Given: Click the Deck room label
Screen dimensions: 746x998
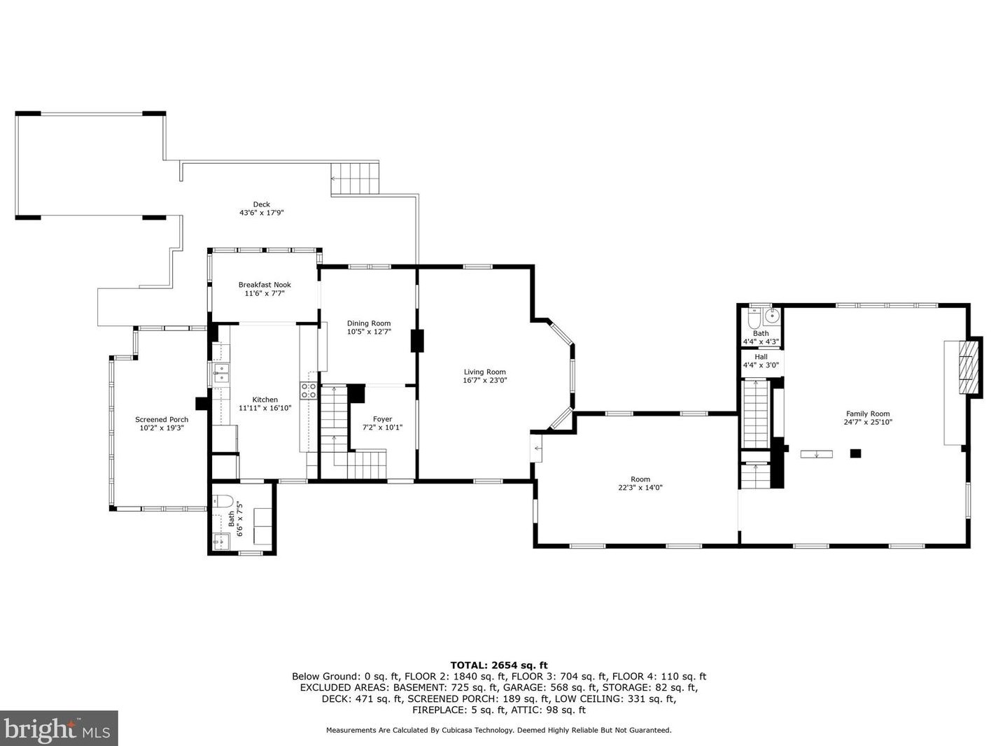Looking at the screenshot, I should coord(261,204).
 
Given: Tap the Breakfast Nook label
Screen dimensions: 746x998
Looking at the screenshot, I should coord(265,285).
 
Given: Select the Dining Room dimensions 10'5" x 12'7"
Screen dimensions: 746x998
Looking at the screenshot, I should coord(369,332).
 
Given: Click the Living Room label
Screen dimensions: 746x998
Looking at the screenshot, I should coord(484,372).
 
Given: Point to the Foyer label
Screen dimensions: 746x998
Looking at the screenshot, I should coord(382,419).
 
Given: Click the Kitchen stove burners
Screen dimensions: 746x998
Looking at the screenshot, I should coord(308,391).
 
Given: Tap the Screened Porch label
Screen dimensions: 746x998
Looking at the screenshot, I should coord(162,420).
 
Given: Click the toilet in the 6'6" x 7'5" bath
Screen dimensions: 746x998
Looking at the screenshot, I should coord(223,501).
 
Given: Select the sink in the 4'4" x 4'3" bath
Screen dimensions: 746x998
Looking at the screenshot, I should coord(772,316).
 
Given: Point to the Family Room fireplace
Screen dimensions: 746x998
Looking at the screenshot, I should coord(967,368).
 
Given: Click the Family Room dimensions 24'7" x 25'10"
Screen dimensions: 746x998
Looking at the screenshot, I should coord(868,423).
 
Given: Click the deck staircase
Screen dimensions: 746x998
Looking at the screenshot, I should coord(355,178).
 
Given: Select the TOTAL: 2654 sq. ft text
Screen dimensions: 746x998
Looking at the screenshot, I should coord(498,666).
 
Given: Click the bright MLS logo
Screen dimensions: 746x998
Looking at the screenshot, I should coord(59,729).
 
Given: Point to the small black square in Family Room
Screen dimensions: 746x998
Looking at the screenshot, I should coord(855,453).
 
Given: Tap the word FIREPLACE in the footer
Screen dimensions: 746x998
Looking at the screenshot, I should coord(439,710).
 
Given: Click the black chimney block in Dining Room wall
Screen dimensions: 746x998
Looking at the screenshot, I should coord(418,341).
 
